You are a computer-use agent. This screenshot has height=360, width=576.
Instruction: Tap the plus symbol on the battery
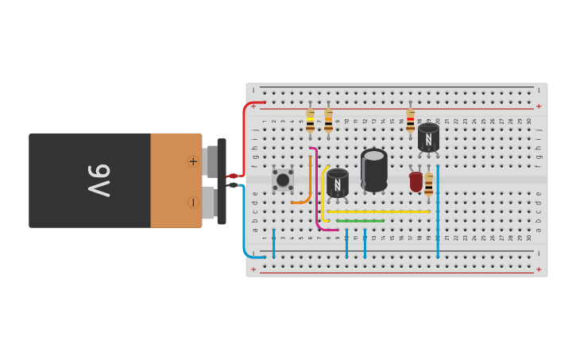tap(193, 161)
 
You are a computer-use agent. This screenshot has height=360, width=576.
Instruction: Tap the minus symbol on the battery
tap(193, 203)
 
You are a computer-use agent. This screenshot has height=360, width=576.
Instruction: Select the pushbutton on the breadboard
tap(282, 180)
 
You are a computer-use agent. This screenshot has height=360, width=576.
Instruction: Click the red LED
tap(416, 182)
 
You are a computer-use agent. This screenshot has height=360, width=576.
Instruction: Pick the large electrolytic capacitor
tap(374, 169)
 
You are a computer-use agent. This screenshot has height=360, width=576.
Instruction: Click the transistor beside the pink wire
tap(338, 184)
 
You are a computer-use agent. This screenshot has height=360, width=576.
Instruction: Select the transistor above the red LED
tap(428, 137)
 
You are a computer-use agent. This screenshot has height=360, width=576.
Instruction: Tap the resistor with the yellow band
tap(310, 122)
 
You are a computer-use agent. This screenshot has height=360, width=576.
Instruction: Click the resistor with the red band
tap(410, 122)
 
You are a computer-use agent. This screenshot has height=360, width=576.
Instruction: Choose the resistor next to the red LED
tap(429, 186)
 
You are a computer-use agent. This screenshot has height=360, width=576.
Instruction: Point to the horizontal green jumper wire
tap(360, 221)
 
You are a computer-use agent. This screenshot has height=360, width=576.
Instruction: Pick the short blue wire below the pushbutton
tap(273, 244)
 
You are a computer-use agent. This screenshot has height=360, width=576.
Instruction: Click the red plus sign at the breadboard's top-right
tap(539, 106)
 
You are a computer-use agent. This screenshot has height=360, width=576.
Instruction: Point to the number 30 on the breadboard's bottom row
tap(529, 238)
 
